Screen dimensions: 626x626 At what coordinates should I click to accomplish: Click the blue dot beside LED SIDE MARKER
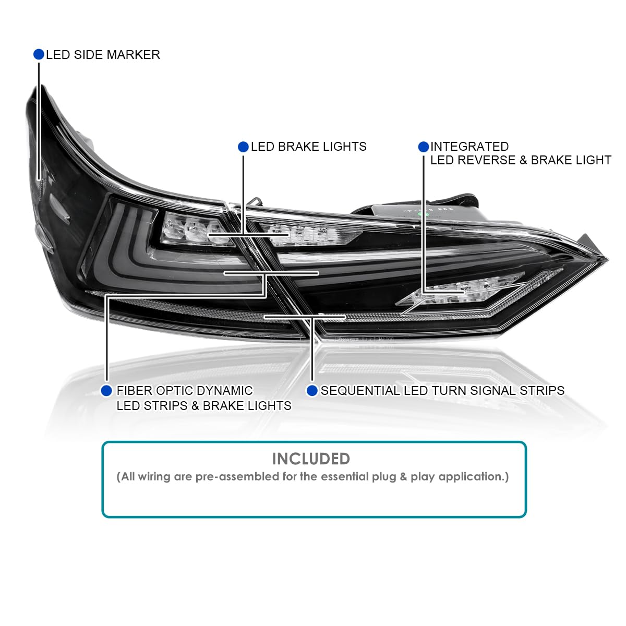(x=39, y=54)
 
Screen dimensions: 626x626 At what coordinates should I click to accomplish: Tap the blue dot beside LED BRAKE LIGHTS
(x=243, y=147)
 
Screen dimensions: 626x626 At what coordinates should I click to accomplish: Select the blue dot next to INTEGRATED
(x=424, y=147)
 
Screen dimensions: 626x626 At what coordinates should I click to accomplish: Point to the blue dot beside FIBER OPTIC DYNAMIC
(x=106, y=391)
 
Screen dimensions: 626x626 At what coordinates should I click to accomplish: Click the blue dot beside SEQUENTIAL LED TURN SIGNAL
(x=312, y=391)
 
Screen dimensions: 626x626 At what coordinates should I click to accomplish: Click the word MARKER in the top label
(x=133, y=55)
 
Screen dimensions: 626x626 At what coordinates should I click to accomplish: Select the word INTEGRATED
(x=469, y=147)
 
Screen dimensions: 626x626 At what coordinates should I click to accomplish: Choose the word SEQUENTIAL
(x=360, y=391)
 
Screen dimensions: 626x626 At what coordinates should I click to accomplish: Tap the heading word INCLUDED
(x=311, y=459)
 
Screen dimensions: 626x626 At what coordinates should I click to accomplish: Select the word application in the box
(x=474, y=477)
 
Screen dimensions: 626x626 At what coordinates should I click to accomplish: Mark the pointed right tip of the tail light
(x=608, y=259)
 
